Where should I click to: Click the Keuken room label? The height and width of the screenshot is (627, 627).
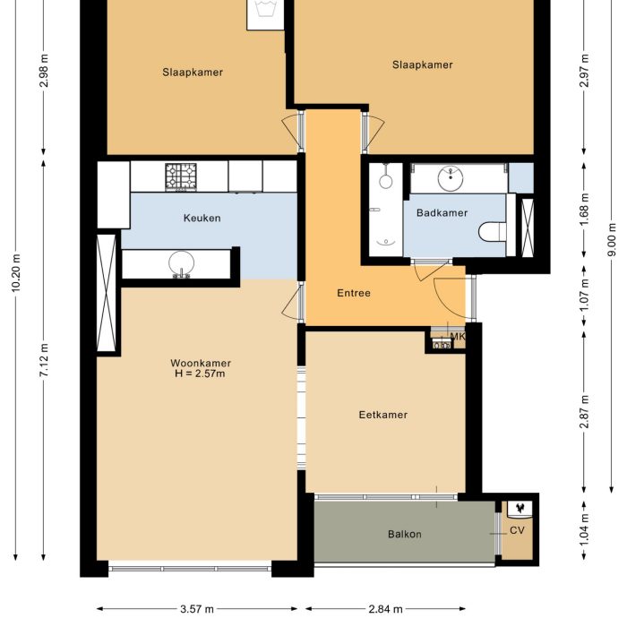(202, 218)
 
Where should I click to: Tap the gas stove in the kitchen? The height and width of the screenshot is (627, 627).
(181, 176)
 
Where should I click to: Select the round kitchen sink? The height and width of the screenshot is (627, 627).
(182, 263)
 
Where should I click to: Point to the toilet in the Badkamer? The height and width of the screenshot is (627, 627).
(491, 232)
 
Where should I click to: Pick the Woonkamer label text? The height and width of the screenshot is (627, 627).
(201, 363)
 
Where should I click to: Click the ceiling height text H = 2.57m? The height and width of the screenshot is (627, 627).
(201, 374)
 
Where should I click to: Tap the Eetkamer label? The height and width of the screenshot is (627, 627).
(382, 415)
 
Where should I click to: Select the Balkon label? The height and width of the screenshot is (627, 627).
(404, 535)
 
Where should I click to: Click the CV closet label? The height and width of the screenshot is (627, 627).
(517, 530)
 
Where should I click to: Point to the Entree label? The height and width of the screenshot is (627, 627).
(354, 293)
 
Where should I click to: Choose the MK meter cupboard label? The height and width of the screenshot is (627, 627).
(458, 337)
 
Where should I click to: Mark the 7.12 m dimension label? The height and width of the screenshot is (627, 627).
(45, 363)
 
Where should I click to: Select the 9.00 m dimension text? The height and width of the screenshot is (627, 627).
(612, 242)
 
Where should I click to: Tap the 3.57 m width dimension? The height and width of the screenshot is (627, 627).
(196, 610)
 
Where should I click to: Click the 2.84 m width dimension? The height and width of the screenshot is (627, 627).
(385, 610)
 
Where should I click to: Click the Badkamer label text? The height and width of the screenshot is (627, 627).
(442, 212)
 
